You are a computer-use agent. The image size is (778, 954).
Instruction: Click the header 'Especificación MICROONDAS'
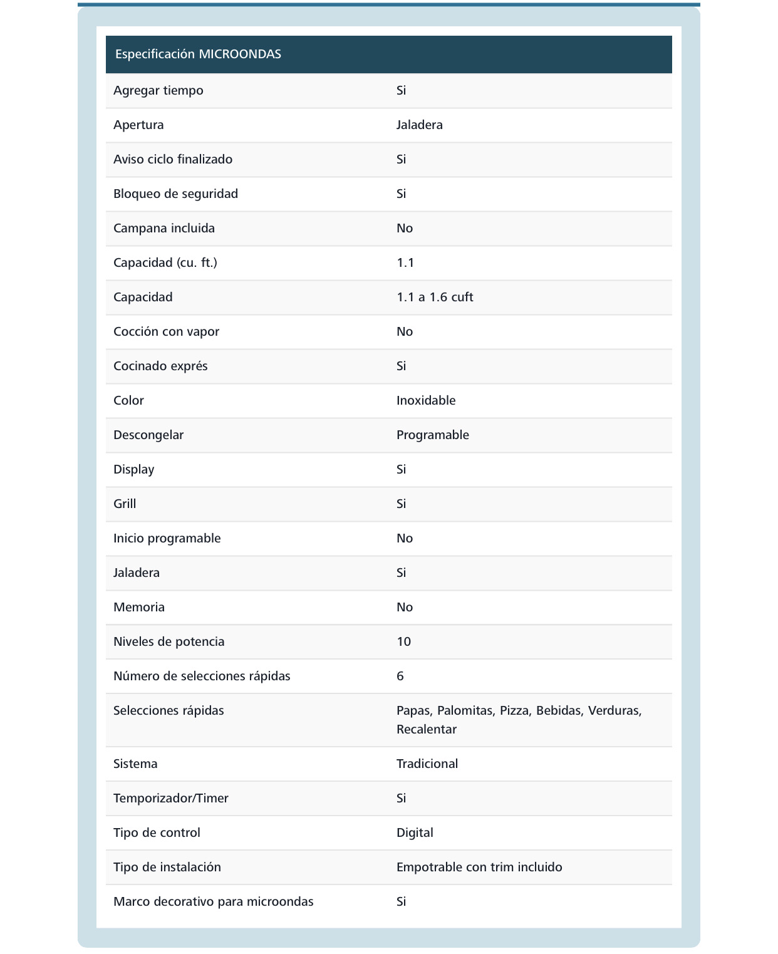click(x=198, y=54)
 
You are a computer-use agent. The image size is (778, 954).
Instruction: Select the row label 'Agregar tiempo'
click(x=158, y=90)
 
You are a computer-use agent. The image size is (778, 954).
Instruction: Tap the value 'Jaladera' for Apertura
click(x=420, y=125)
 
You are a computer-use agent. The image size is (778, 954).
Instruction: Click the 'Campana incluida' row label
click(x=164, y=228)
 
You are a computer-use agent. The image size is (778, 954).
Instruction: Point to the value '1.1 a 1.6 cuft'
click(x=435, y=297)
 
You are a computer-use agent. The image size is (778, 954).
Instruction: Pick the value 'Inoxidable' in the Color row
click(x=426, y=400)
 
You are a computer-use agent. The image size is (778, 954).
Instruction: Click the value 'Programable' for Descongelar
click(x=433, y=435)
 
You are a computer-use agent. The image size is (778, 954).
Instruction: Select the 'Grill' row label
click(x=125, y=504)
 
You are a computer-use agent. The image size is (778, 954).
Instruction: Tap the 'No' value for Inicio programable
click(x=405, y=538)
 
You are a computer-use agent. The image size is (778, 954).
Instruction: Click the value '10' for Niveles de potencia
click(x=404, y=641)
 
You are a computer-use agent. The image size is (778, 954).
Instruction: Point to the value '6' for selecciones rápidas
click(x=400, y=676)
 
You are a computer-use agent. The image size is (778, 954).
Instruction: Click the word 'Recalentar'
click(x=427, y=729)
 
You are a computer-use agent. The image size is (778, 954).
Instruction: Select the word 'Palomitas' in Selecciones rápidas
click(x=465, y=710)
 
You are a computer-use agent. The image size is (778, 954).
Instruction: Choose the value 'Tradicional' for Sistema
click(x=427, y=764)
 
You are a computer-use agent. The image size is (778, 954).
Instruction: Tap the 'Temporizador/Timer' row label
click(x=171, y=798)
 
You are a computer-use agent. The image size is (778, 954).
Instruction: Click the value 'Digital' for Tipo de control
click(x=415, y=832)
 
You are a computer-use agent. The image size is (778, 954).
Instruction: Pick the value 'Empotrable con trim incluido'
click(x=479, y=867)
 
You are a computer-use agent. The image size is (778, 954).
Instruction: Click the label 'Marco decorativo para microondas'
click(x=214, y=901)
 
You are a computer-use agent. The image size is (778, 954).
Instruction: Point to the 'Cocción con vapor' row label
click(x=167, y=331)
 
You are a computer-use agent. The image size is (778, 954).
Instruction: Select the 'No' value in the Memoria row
click(x=405, y=607)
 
